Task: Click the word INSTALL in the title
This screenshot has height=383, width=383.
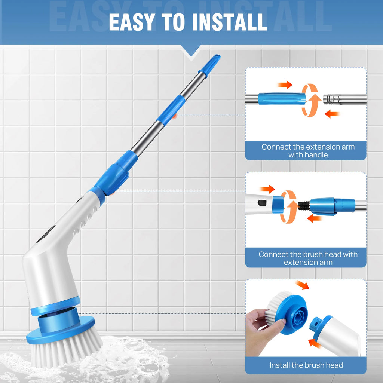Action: [x=229, y=22]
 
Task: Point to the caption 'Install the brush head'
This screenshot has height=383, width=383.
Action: [x=306, y=365]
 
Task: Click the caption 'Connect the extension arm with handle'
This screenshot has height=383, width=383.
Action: [x=307, y=151]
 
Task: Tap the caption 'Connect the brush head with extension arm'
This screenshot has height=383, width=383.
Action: [x=308, y=258]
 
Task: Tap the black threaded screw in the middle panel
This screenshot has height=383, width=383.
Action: [x=304, y=206]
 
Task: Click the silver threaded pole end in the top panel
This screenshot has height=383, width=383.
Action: [x=332, y=100]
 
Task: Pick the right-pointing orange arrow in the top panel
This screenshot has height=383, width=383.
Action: [x=285, y=85]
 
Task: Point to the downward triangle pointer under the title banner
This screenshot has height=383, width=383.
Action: [x=191, y=52]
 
